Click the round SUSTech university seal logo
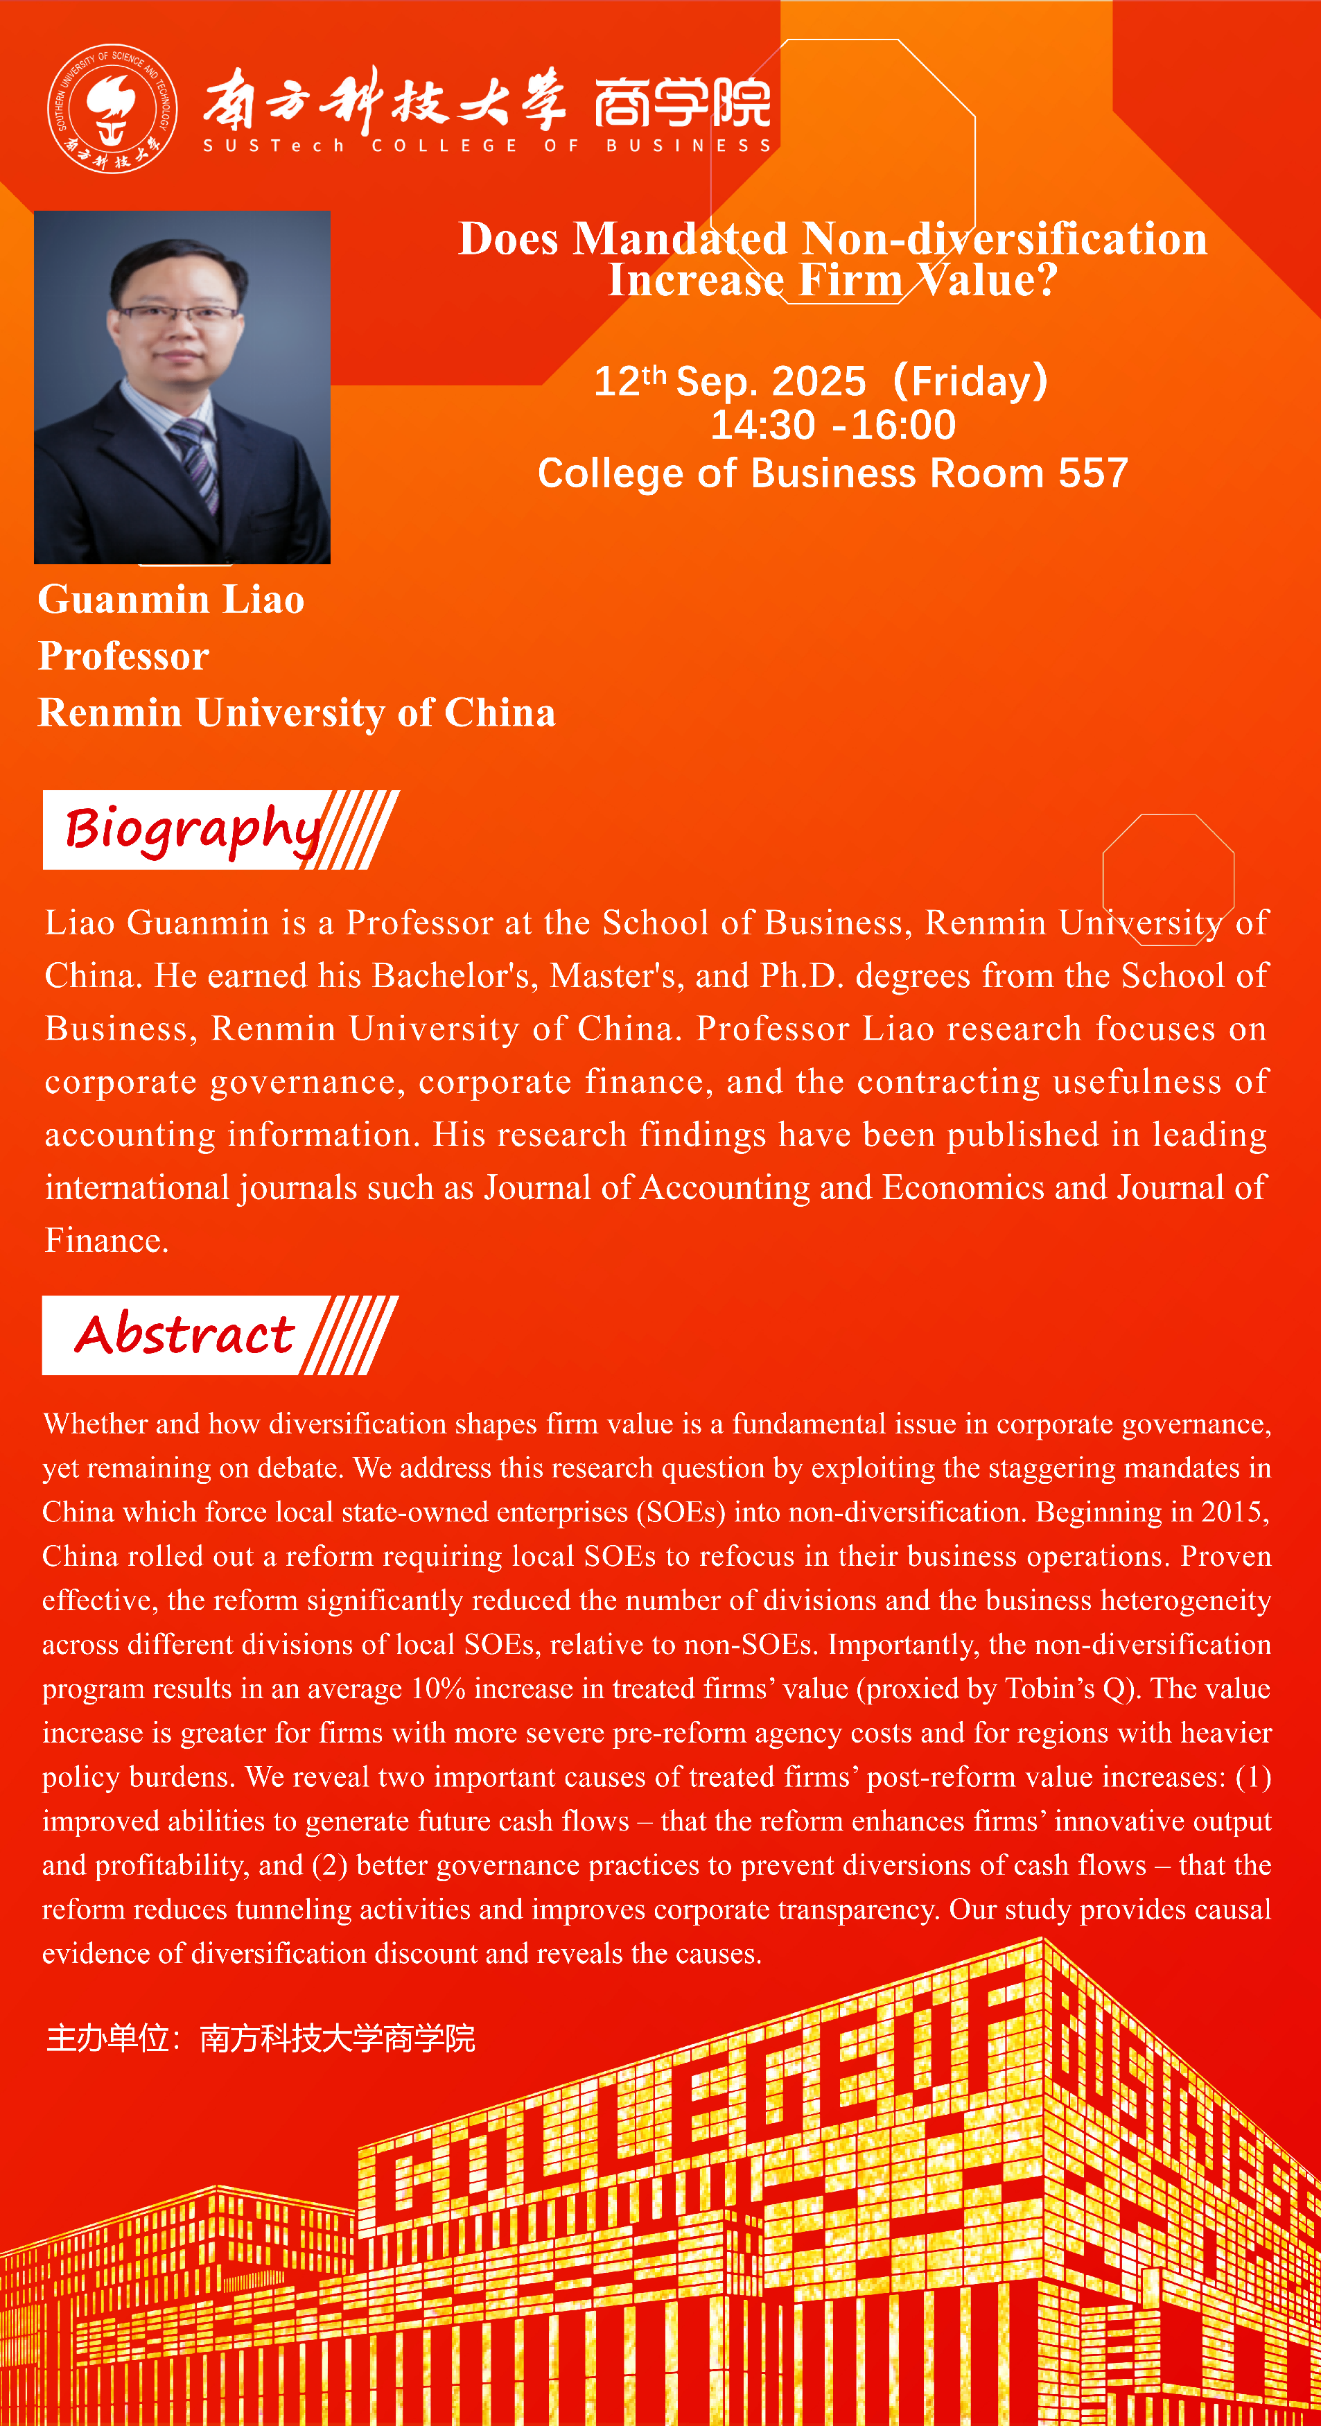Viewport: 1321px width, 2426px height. click(x=112, y=108)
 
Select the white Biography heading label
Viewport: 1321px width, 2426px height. click(x=193, y=830)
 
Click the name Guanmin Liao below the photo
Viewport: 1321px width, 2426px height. click(x=171, y=600)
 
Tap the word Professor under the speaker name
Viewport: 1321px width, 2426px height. click(x=123, y=656)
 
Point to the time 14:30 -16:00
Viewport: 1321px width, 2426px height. click(x=832, y=426)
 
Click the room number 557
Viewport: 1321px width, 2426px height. click(x=1092, y=473)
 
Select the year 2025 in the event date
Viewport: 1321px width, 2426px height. click(x=817, y=381)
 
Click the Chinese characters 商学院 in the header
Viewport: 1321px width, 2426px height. click(x=683, y=102)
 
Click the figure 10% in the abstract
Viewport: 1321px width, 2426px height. click(x=438, y=1688)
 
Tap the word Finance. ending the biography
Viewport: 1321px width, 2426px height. click(x=107, y=1240)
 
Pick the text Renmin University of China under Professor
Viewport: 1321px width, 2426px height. click(x=297, y=713)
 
